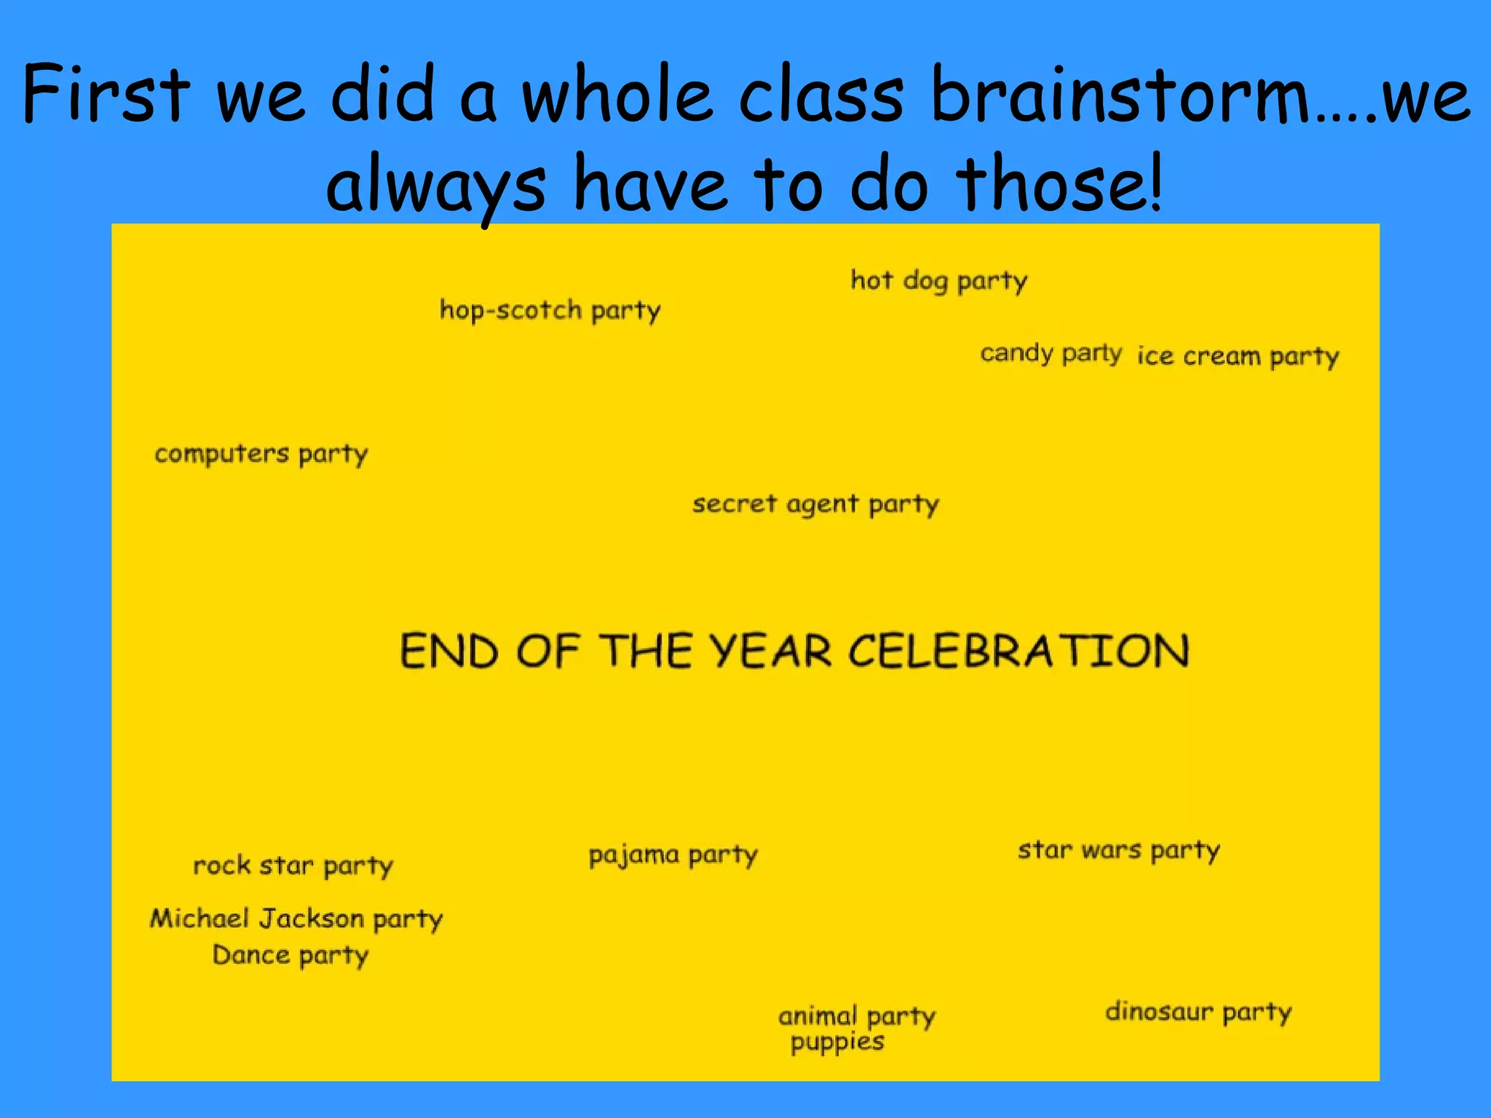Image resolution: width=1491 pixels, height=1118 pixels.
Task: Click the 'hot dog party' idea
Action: (x=938, y=281)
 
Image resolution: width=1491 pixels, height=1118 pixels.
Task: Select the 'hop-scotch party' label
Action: (x=550, y=311)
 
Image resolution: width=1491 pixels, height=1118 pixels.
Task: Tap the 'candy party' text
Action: (x=1051, y=354)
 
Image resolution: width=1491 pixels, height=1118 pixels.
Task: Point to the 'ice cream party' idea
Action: (x=1238, y=357)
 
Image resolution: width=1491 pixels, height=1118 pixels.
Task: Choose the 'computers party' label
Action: (x=261, y=454)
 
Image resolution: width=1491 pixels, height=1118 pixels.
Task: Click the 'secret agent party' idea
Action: (x=815, y=504)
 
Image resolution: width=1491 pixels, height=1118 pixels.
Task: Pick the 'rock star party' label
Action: (x=293, y=866)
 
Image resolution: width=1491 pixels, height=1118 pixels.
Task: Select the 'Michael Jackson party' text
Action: (x=296, y=919)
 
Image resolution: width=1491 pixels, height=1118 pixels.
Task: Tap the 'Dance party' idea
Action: (x=290, y=956)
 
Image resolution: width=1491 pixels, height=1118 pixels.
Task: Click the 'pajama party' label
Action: (x=673, y=855)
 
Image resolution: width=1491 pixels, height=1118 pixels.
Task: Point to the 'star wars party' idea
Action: (x=1118, y=850)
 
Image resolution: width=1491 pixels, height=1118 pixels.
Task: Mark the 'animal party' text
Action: (x=857, y=1016)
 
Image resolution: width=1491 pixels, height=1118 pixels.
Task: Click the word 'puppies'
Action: (x=837, y=1042)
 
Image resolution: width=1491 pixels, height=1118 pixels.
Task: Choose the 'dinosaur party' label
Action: (x=1198, y=1012)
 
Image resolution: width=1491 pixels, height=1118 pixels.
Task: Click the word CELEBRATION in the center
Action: (x=1019, y=651)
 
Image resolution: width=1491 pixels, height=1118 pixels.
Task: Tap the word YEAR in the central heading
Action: (x=770, y=651)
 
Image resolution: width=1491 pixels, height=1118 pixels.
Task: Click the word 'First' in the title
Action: (x=106, y=95)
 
